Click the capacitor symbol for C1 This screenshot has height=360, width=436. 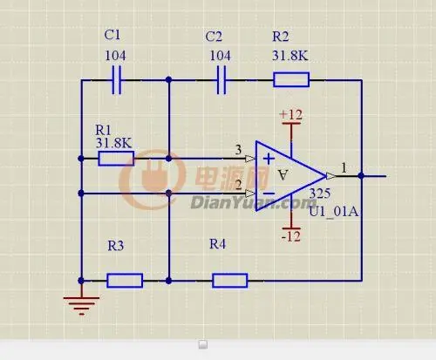(x=117, y=80)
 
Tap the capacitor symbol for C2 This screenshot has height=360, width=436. (x=221, y=80)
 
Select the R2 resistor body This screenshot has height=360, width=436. (x=291, y=79)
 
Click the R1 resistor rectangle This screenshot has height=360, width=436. (x=116, y=159)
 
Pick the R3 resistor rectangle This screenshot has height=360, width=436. (x=125, y=281)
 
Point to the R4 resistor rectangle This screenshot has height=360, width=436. (x=230, y=281)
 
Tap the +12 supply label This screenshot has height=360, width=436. (x=290, y=114)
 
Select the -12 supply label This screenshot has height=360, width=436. (x=291, y=237)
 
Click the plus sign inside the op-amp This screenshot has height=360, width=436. (x=269, y=159)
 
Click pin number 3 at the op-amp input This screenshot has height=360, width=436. (x=238, y=150)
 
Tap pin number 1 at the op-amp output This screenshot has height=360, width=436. (x=344, y=168)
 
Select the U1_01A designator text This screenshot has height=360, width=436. (x=333, y=211)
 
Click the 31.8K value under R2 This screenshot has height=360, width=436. (x=290, y=55)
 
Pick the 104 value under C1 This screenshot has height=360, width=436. (x=115, y=56)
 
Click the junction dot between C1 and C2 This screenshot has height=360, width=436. (x=168, y=79)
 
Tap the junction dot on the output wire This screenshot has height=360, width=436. (x=361, y=176)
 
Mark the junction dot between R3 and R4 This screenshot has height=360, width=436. (x=168, y=281)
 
